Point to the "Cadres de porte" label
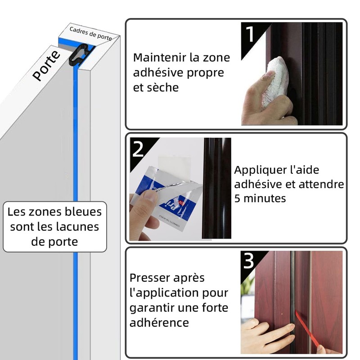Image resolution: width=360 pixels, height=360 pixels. point(90,34)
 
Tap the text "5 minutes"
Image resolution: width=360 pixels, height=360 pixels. point(260,198)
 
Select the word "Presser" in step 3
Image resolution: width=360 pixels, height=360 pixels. point(153,278)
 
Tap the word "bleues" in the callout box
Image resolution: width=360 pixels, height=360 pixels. point(82,211)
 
